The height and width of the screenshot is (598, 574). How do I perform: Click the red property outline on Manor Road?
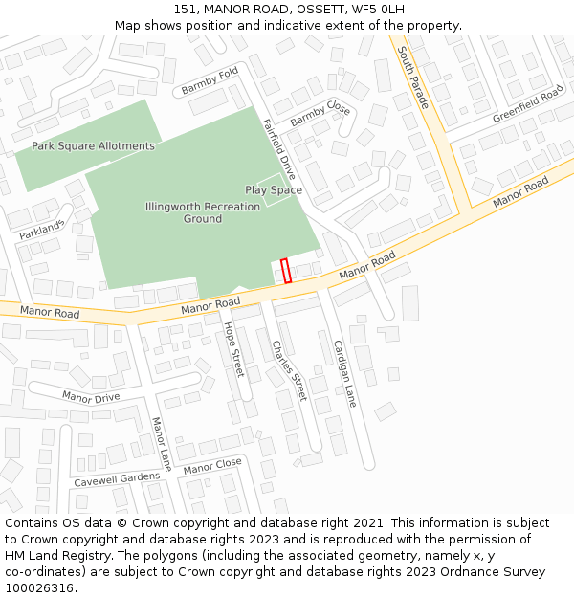(286, 270)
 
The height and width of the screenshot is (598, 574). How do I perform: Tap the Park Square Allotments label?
(93, 146)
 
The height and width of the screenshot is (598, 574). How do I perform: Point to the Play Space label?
(274, 190)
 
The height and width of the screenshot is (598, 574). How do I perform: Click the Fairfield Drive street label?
(279, 150)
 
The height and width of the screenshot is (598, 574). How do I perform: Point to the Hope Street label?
(233, 349)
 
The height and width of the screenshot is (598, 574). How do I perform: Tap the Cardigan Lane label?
(344, 373)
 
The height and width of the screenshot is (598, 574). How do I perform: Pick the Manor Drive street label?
(91, 397)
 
